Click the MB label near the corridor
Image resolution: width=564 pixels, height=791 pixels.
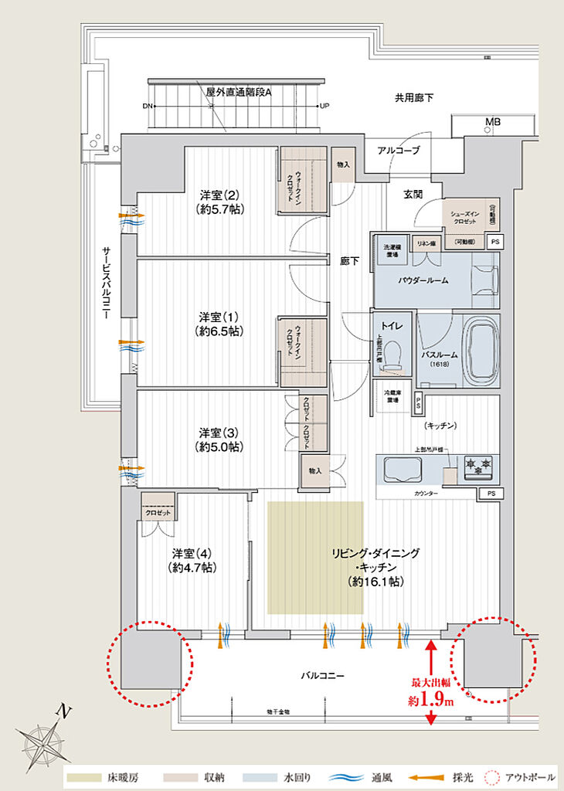492,123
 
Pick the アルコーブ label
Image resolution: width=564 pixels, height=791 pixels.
398,150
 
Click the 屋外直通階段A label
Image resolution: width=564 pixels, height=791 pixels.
239,91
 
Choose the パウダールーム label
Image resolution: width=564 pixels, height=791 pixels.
423,280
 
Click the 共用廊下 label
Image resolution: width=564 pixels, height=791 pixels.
414,98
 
